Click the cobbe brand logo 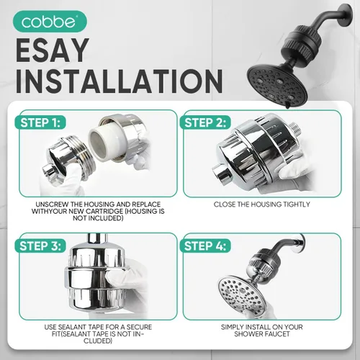[50, 22]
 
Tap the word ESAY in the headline [53, 51]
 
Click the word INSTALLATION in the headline [120, 81]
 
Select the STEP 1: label [40, 122]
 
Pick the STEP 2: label [205, 122]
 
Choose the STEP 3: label [40, 246]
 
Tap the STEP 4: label [205, 246]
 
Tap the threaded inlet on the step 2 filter [296, 130]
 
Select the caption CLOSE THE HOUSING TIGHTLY [262, 204]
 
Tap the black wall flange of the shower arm [348, 14]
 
